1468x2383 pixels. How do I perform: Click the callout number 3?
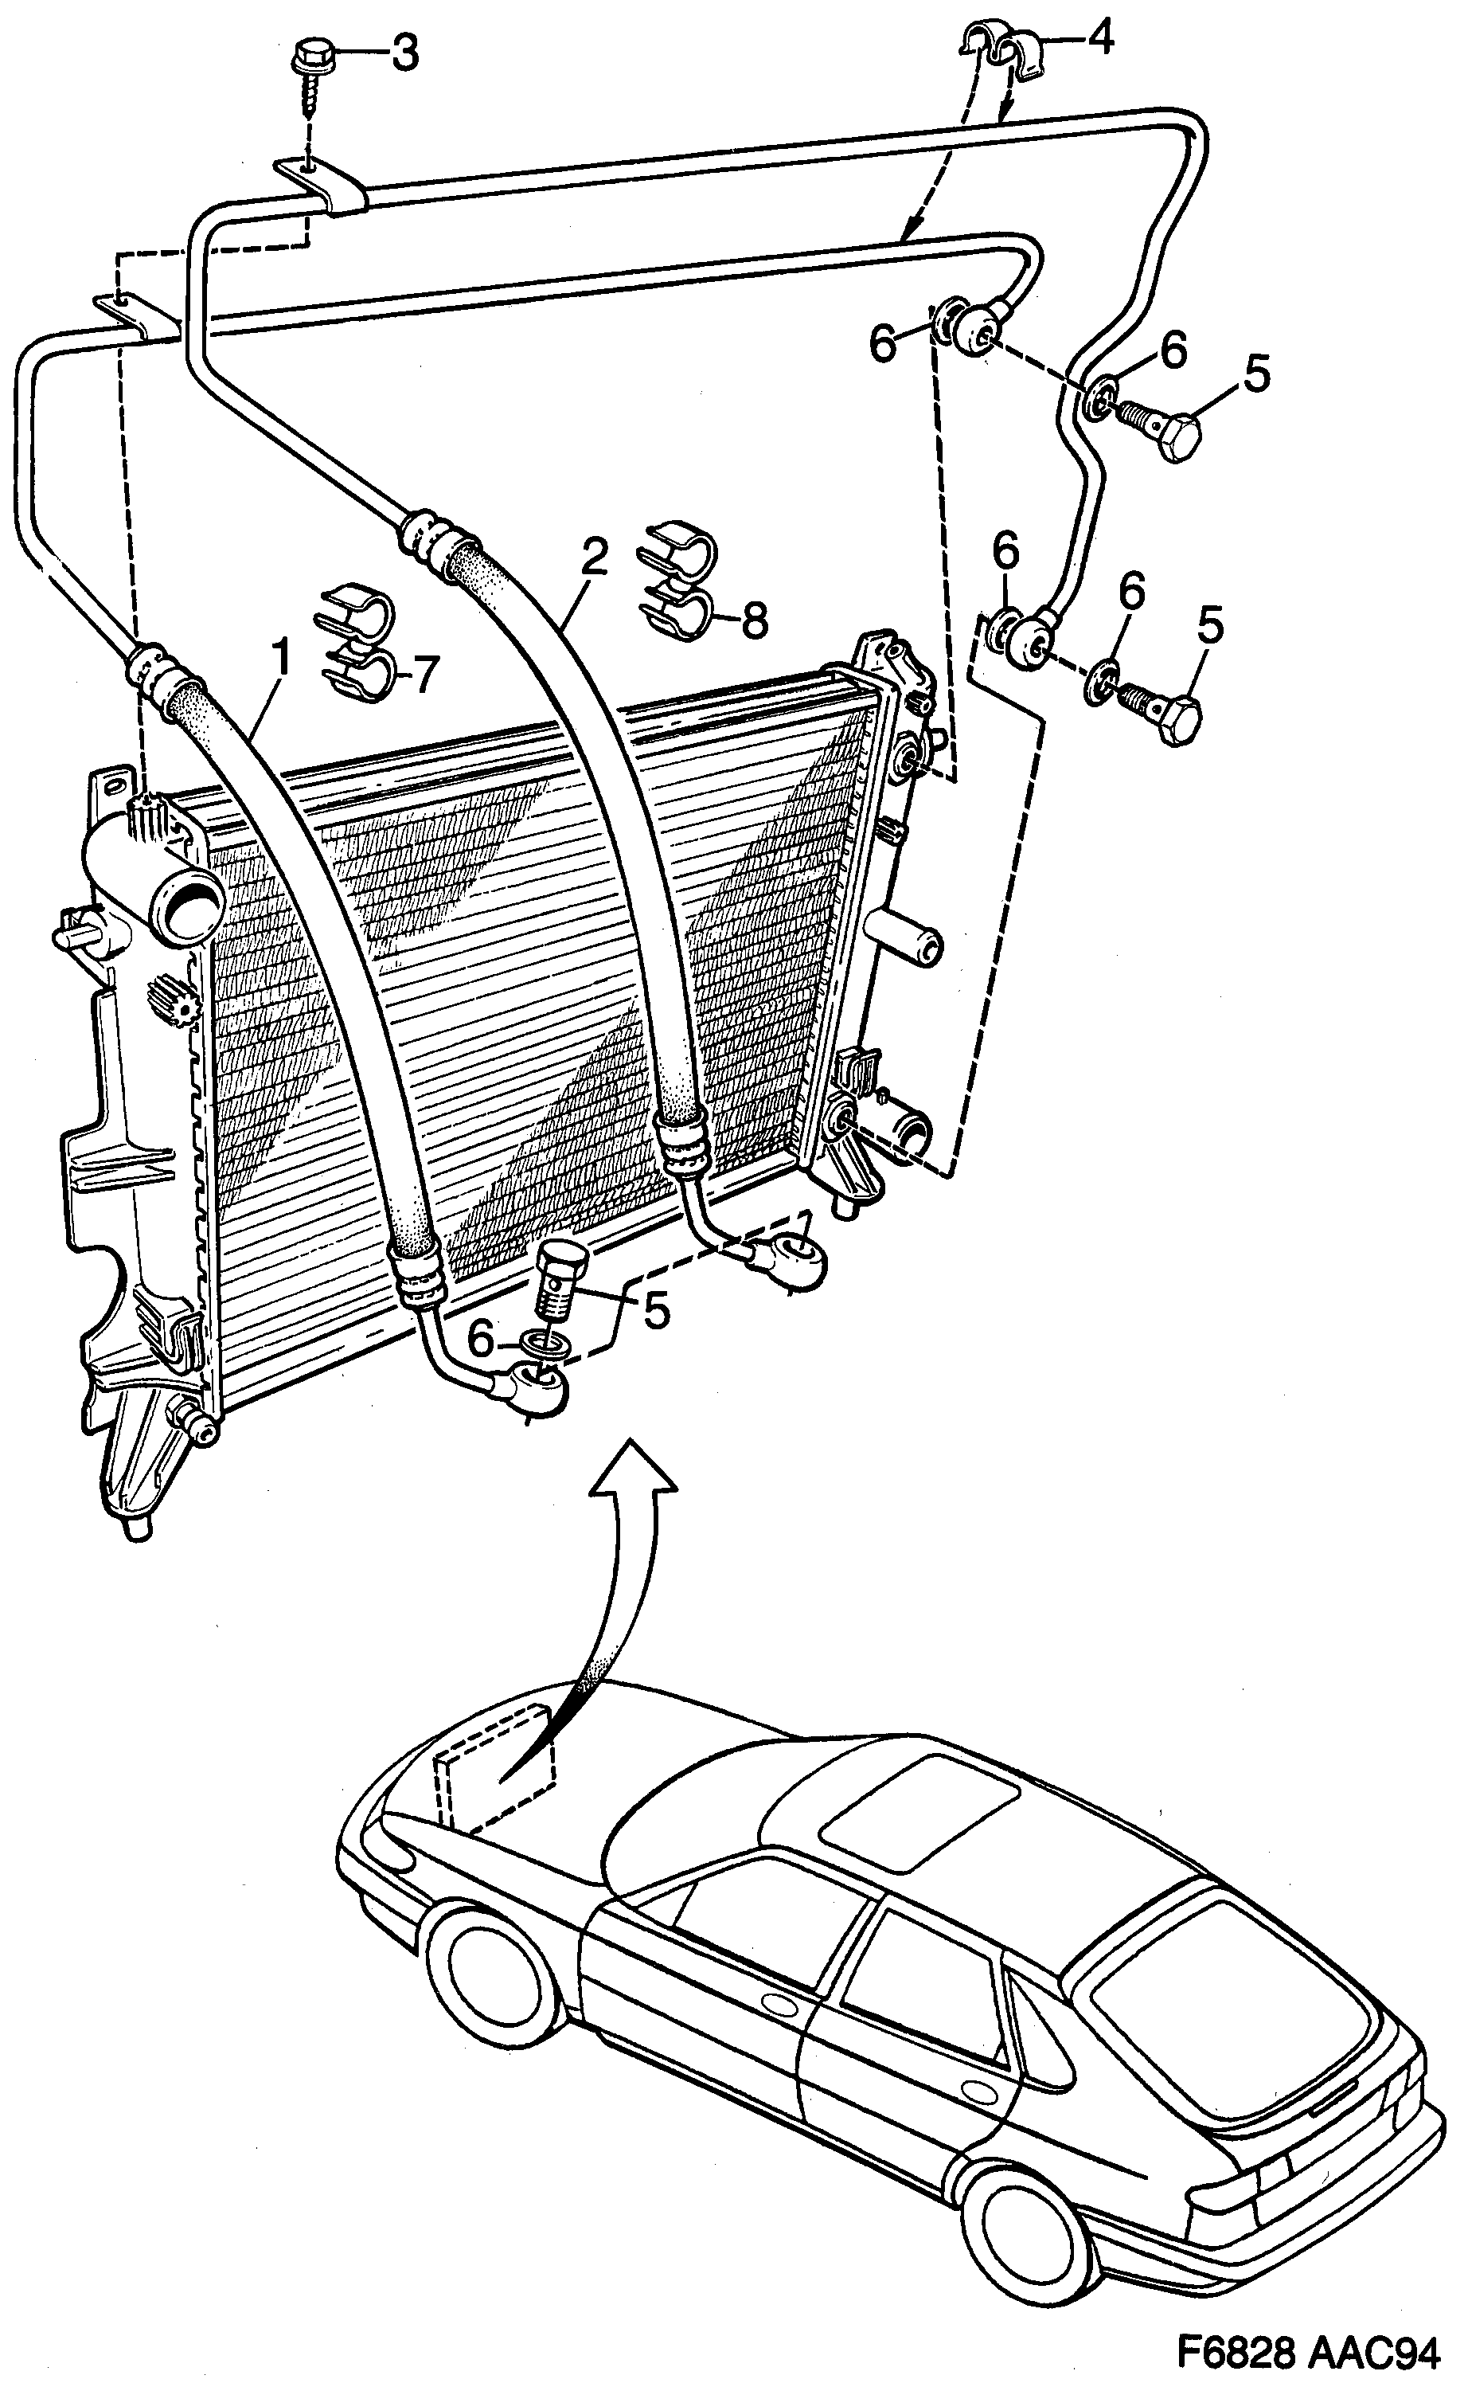tap(404, 54)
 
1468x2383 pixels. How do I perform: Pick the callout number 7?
tap(425, 673)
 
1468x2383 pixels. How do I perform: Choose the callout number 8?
tap(755, 619)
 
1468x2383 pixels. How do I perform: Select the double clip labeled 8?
tap(677, 580)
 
